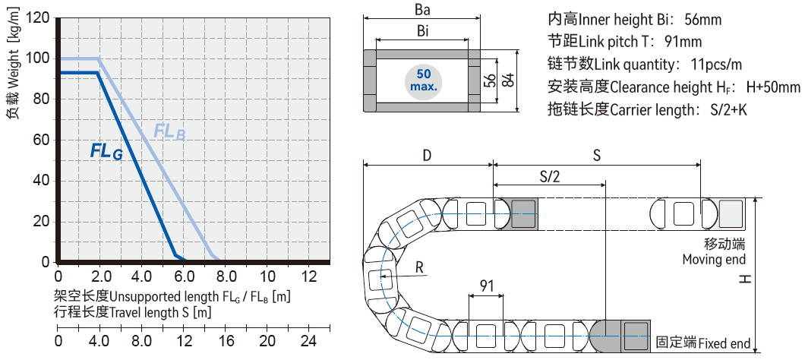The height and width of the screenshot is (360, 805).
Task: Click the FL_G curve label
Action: click(106, 151)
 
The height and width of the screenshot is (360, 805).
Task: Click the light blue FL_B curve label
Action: click(169, 131)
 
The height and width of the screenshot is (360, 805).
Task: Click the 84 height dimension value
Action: click(507, 79)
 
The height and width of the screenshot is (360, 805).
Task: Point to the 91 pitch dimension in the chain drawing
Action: click(487, 286)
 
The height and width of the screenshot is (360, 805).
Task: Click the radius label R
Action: click(419, 268)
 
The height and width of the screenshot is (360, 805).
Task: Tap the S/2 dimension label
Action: click(549, 176)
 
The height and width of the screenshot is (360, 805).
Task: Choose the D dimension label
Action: click(427, 155)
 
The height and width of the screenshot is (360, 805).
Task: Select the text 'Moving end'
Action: click(713, 260)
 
